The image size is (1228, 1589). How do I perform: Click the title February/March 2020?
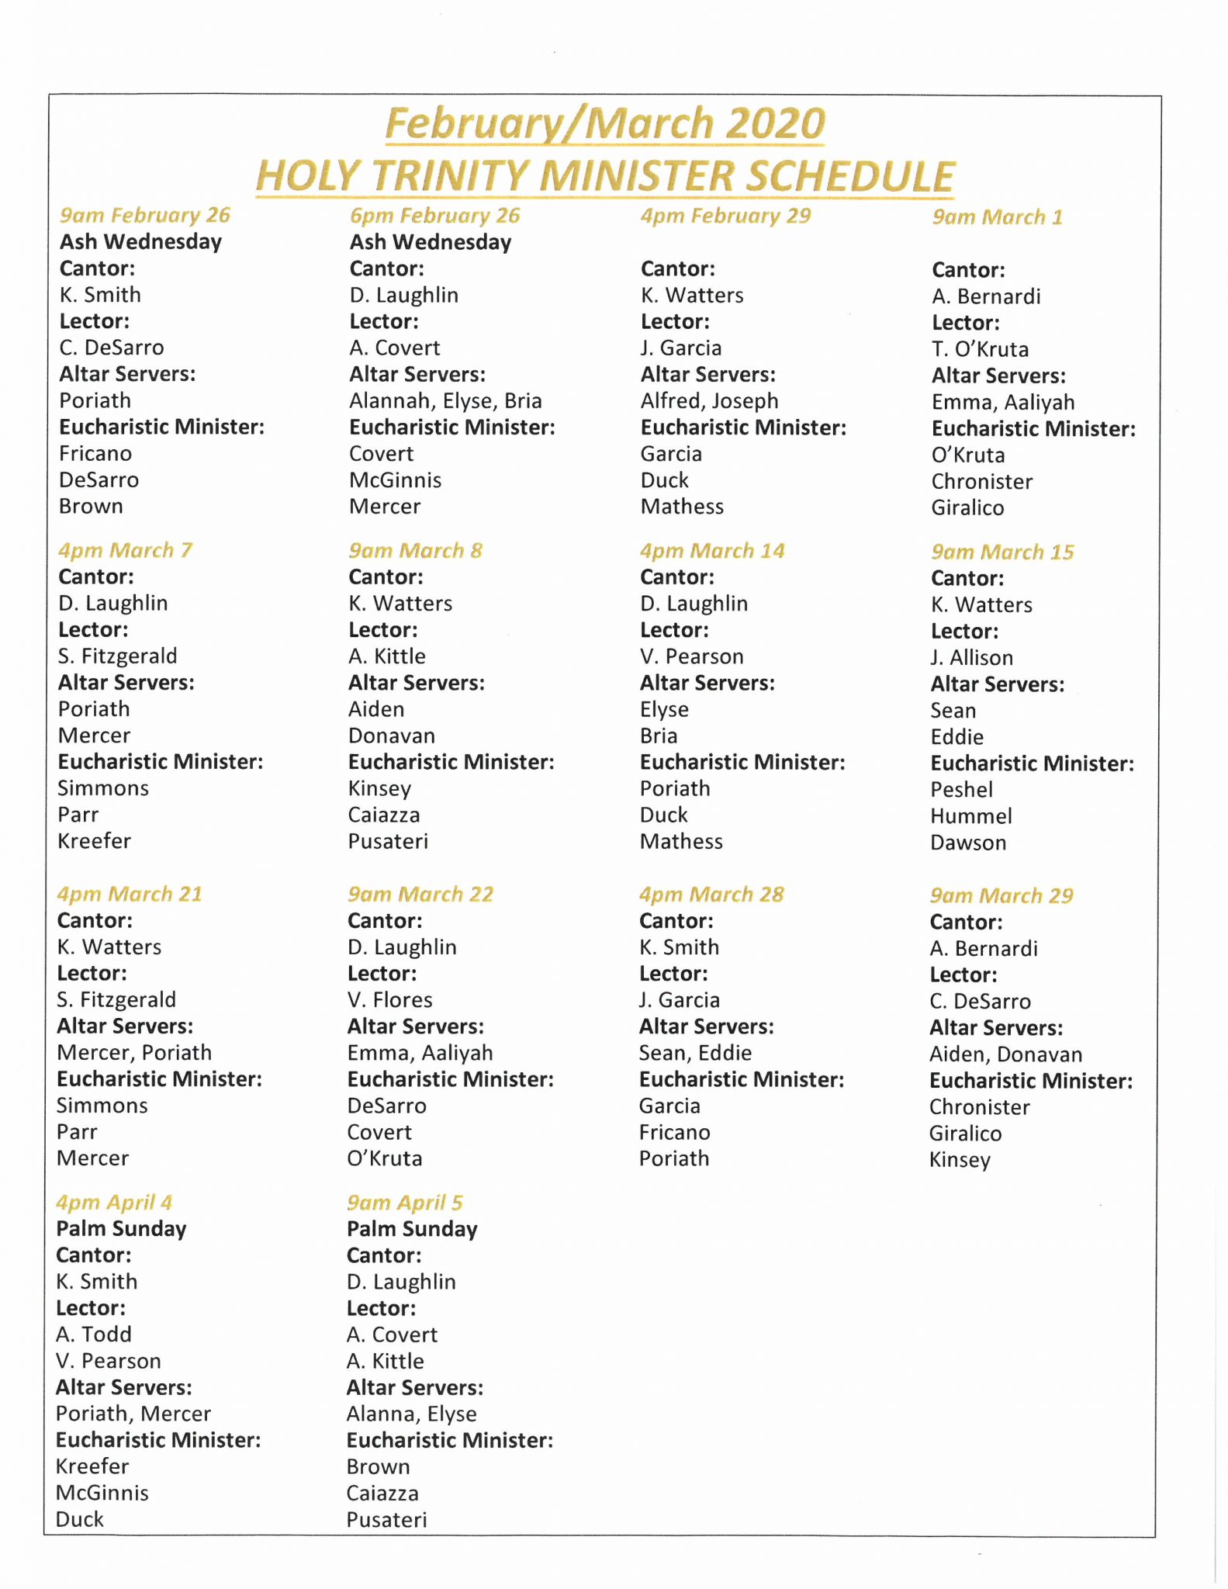(605, 124)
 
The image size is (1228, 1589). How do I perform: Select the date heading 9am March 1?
(997, 217)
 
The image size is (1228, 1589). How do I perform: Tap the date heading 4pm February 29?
(725, 216)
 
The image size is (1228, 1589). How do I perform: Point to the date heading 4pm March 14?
(712, 551)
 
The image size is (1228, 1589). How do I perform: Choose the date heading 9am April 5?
(404, 1203)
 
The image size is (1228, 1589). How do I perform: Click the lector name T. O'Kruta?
(980, 349)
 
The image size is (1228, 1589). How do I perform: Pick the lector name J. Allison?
(971, 658)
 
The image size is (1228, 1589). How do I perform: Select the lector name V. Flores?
(389, 1000)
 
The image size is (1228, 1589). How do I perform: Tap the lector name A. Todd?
(94, 1335)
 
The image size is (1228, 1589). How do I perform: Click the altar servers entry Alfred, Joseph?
(709, 401)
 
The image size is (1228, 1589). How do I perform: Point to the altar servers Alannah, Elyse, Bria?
(445, 401)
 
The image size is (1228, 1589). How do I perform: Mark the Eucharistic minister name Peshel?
(961, 790)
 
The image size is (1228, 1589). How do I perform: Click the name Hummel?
(970, 816)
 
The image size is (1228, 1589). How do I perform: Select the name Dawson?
(968, 843)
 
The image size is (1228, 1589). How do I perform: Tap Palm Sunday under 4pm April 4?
(121, 1229)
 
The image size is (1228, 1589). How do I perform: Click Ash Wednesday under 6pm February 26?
(431, 242)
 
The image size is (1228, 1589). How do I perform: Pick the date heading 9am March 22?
(420, 895)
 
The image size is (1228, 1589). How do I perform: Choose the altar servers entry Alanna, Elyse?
(411, 1414)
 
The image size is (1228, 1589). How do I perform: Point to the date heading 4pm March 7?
(125, 551)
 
